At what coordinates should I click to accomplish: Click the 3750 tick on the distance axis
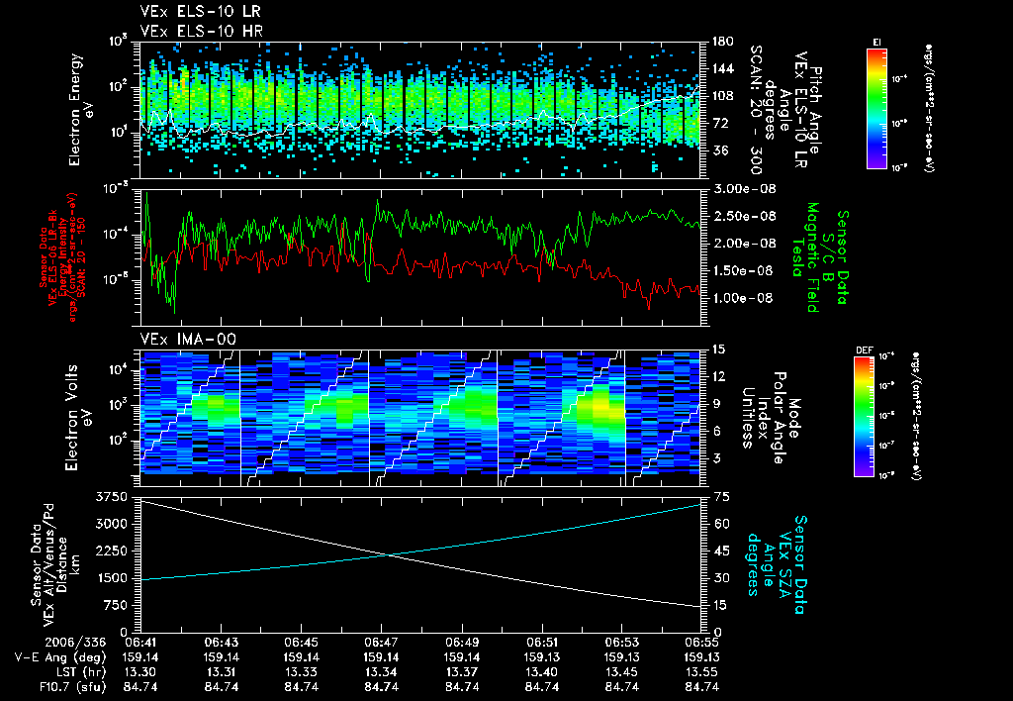pos(114,496)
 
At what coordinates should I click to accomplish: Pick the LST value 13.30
pos(140,671)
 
